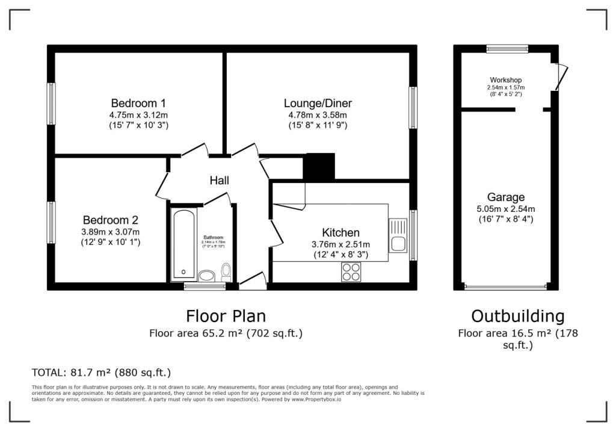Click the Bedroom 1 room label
coord(138,103)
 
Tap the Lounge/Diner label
coord(318,103)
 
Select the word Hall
coord(219,181)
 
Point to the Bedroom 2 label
coord(111,220)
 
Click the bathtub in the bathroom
coord(183,244)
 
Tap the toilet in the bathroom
coord(226,272)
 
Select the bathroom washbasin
coord(207,276)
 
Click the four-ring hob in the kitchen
coord(351,271)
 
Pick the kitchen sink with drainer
coord(398,235)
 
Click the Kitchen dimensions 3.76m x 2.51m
coord(340,244)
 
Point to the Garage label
coord(505,197)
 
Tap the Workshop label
coord(505,80)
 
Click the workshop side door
coord(561,77)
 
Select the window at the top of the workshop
coord(507,49)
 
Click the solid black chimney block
coord(319,166)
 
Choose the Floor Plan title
coord(226,316)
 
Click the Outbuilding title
coord(518,316)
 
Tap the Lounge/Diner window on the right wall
coord(413,108)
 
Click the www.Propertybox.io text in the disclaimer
coord(316,399)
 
